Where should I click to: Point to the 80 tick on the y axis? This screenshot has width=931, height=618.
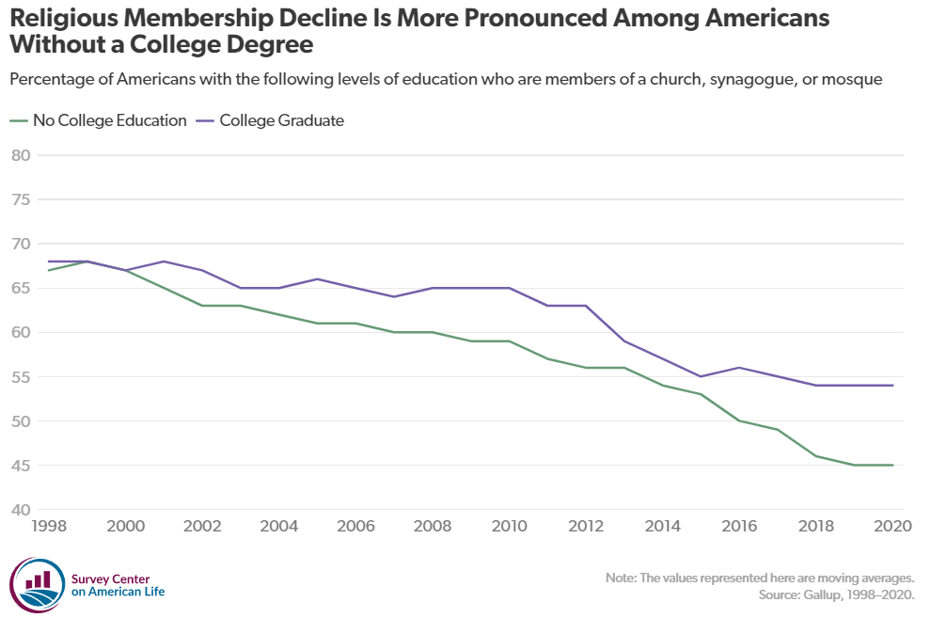point(21,155)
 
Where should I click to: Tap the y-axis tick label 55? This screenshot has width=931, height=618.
point(21,377)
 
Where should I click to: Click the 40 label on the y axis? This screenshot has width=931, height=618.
point(21,511)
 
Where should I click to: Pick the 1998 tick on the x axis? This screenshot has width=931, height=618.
point(48,527)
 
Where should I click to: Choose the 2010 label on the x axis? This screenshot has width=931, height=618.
point(510,527)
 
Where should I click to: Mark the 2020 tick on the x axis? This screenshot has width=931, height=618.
point(892,527)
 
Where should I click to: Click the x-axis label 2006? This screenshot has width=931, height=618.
point(355,527)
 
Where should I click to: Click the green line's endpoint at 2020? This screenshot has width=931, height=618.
point(892,465)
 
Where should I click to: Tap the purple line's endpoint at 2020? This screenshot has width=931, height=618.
point(892,385)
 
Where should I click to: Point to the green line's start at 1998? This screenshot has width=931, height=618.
point(48,270)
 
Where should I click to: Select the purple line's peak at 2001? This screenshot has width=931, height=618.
point(164,261)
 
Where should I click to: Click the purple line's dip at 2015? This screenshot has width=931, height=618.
point(701,376)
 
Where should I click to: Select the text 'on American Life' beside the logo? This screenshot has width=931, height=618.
point(118,591)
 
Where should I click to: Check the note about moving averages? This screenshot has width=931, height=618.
point(760,578)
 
